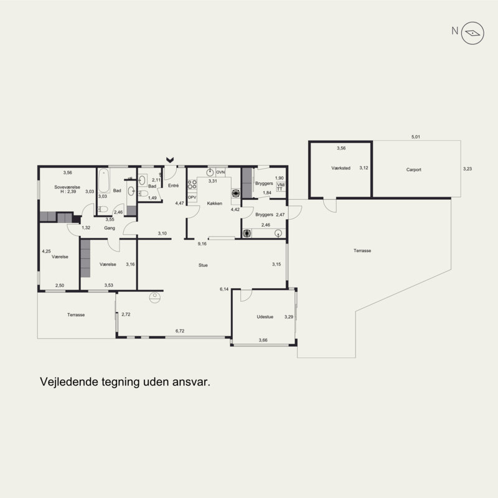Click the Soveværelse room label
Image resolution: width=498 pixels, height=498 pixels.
click(67, 187)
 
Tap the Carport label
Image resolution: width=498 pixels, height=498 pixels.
click(413, 169)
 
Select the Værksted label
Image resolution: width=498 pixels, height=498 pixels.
click(341, 168)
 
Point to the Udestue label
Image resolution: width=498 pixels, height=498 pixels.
click(265, 317)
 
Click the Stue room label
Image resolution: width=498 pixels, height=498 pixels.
click(203, 265)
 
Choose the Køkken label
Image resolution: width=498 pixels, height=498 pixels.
click(214, 204)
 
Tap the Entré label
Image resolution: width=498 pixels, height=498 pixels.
click(174, 186)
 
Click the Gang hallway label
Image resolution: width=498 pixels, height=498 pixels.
click(110, 228)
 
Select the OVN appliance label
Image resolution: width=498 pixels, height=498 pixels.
click(220, 172)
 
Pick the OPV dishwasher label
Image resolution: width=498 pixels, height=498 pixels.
click(192, 197)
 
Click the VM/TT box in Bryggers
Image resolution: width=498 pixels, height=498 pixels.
click(281, 187)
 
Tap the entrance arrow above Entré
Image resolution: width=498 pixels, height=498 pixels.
click(170, 159)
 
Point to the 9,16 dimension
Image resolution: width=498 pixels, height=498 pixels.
click(202, 244)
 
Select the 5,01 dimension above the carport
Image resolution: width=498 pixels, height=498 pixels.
click(416, 137)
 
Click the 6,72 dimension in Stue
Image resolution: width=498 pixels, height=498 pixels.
click(180, 331)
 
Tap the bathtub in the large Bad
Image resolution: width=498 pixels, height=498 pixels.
click(104, 181)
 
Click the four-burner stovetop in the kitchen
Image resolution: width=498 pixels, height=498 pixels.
click(192, 184)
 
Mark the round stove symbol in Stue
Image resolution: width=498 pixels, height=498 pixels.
click(154, 298)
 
